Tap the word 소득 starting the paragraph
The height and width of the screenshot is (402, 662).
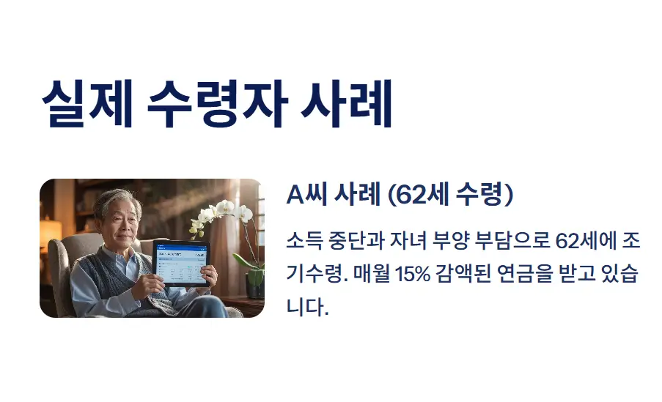(303, 241)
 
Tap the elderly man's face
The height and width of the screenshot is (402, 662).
(118, 218)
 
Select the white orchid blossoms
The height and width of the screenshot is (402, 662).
(222, 213)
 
